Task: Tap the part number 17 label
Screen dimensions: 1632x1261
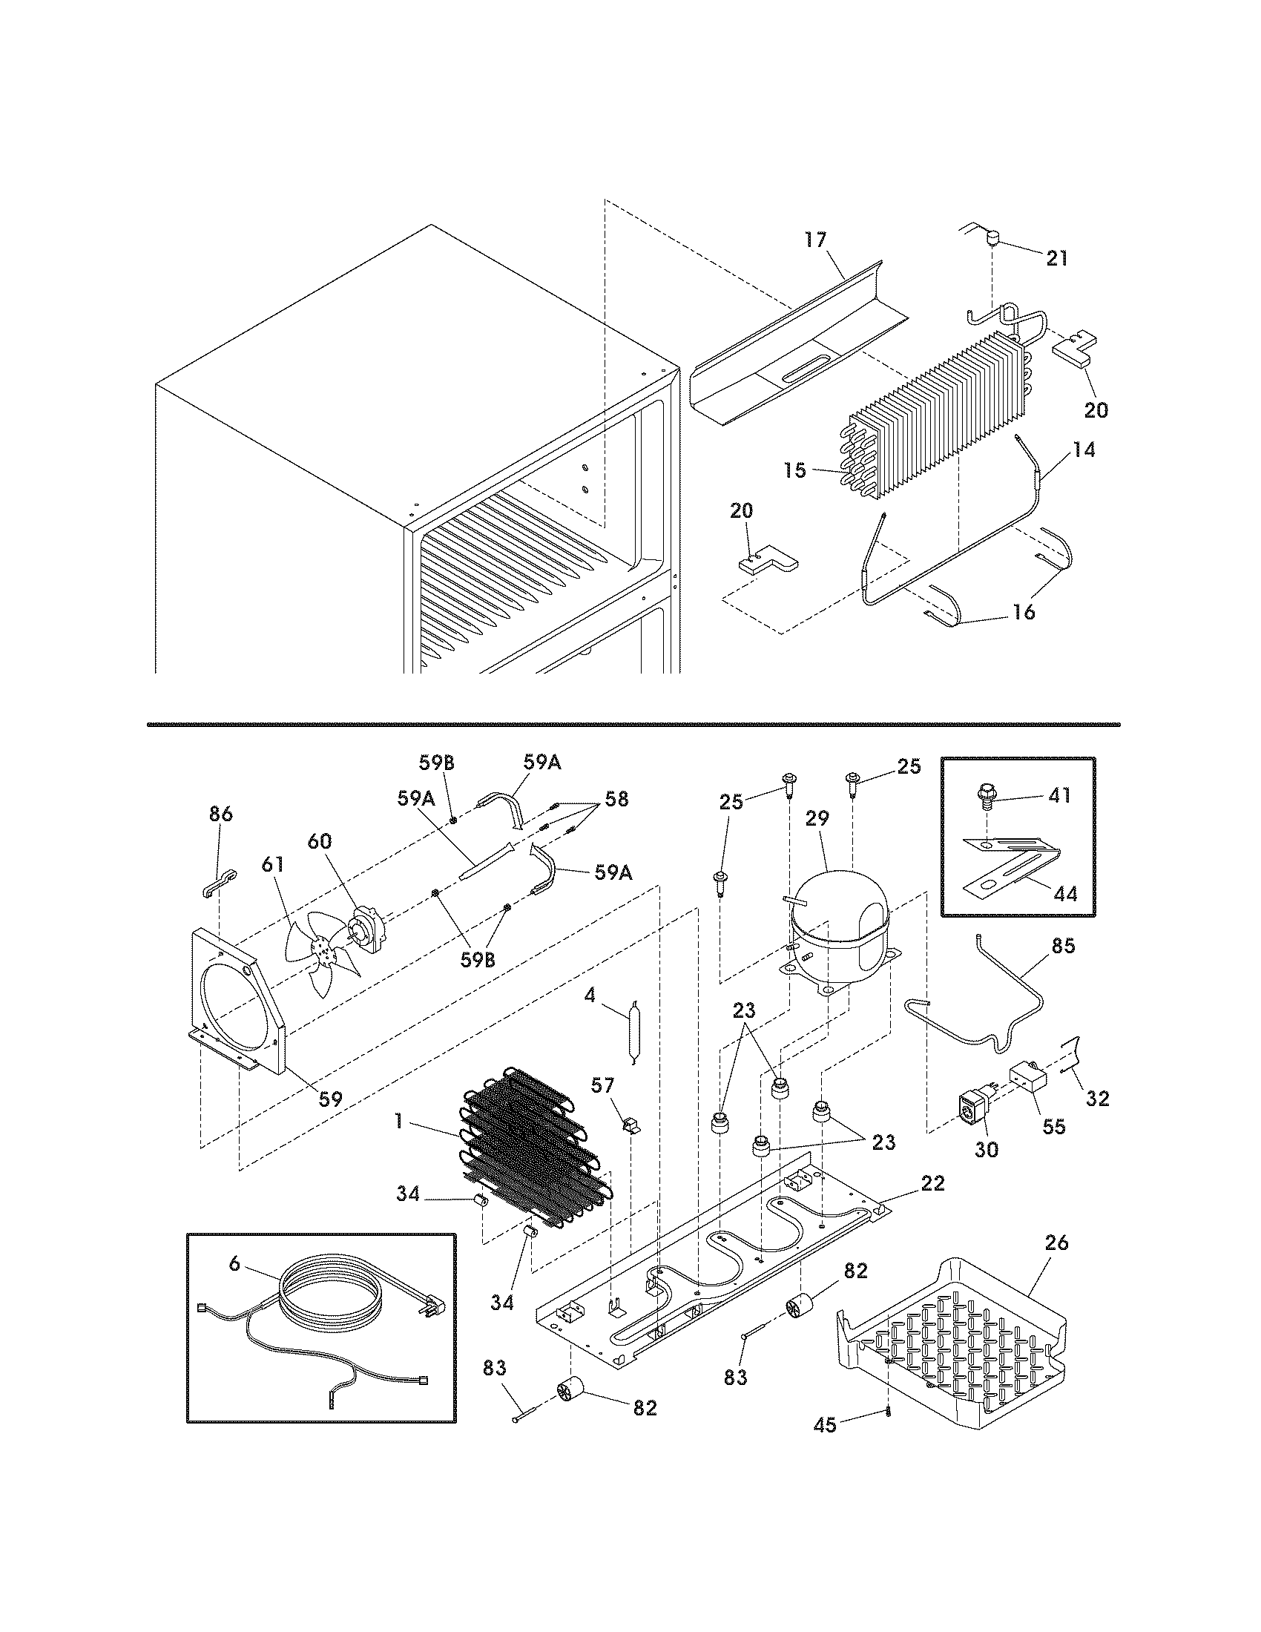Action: click(x=816, y=240)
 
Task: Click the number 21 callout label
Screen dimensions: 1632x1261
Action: click(x=1056, y=259)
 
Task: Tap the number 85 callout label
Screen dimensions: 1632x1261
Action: click(x=1063, y=946)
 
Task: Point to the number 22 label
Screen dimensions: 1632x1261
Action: click(x=933, y=1184)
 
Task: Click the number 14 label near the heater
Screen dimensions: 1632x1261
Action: click(x=1084, y=450)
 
